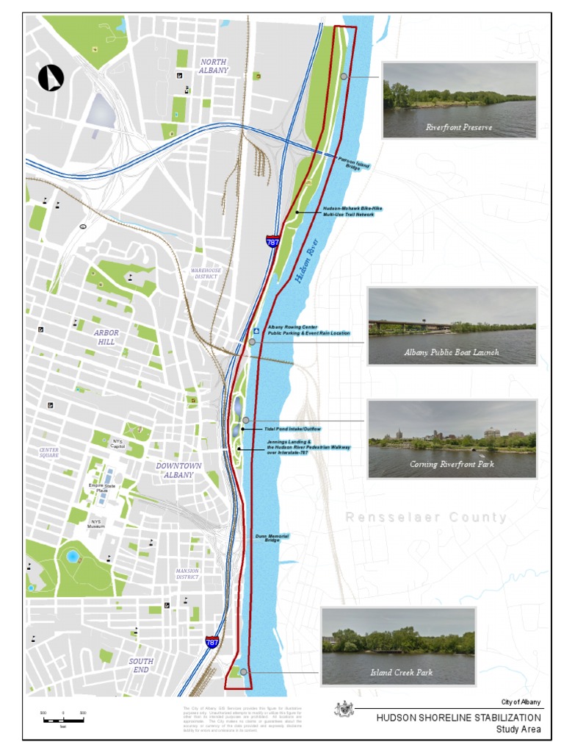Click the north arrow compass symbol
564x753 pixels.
pos(51,78)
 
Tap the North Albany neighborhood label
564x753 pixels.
pos(214,66)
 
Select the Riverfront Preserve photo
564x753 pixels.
pos(459,100)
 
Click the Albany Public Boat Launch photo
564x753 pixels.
pos(452,326)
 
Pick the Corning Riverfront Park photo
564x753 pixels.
pos(452,438)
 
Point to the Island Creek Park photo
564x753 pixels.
pos(398,646)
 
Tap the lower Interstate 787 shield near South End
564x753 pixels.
pos(211,641)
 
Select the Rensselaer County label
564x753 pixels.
pos(426,518)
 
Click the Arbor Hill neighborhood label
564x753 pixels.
pos(106,338)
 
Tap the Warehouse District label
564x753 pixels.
pos(206,274)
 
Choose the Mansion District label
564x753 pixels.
pos(187,574)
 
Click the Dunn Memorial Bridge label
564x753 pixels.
pos(272,538)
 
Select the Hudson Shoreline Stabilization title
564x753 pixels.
pos(458,718)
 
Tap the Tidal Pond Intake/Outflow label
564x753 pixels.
pos(292,429)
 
